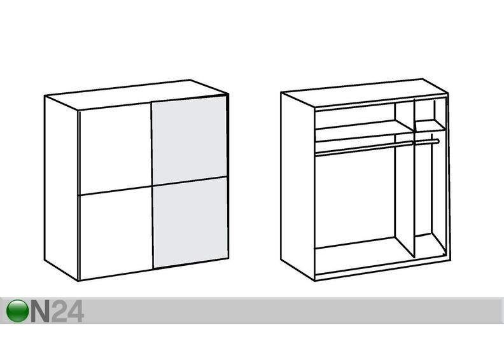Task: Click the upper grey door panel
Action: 190,141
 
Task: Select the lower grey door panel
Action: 191,222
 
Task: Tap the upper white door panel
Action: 115,148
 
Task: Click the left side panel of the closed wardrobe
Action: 61,188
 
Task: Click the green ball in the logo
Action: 17,310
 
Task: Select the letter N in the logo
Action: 41,311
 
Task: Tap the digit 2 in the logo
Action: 59,311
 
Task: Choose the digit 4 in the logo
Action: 76,311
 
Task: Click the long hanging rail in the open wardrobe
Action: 364,149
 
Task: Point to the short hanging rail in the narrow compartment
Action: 427,141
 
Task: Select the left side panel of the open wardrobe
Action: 298,186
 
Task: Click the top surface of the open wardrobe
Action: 365,93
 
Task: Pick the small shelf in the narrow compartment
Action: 430,125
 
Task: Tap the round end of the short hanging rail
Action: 437,141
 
